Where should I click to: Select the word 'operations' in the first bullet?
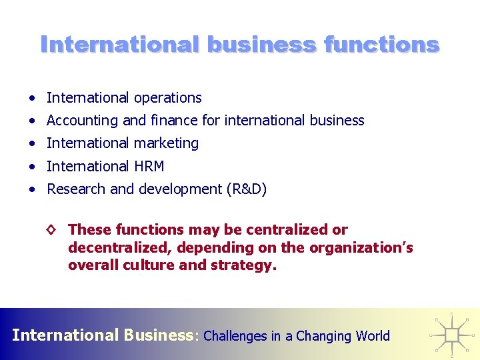(168, 98)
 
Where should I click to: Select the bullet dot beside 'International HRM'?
(32, 166)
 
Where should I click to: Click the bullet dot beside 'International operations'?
(32, 98)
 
